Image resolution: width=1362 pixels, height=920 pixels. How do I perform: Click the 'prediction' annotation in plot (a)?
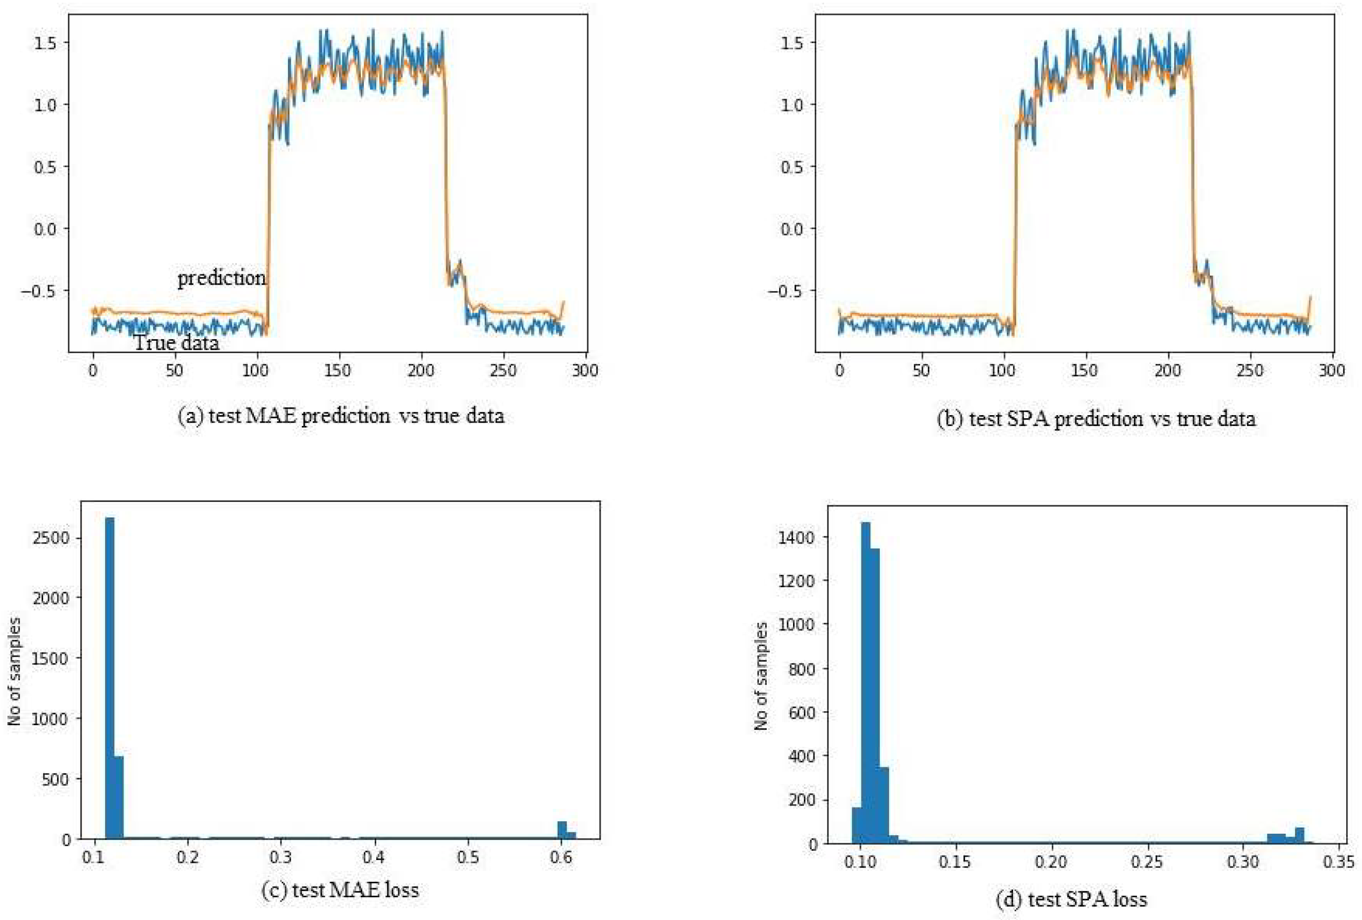pos(222,277)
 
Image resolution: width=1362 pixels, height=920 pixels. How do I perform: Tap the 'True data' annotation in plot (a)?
pos(176,342)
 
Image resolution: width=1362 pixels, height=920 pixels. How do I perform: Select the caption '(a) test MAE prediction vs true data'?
pos(340,416)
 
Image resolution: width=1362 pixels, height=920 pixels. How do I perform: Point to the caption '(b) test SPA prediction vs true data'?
pos(1096,419)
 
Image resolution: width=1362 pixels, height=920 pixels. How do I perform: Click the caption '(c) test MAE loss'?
pos(340,890)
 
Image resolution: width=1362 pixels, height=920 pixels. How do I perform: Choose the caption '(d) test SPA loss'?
pos(1072,899)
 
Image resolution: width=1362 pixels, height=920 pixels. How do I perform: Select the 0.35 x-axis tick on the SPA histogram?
pos(1339,862)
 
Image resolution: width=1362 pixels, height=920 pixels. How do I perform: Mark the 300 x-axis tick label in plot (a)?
pos(585,370)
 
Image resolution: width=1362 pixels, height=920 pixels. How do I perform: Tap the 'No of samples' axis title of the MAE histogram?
pos(15,671)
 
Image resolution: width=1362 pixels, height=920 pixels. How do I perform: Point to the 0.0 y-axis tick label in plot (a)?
pos(46,229)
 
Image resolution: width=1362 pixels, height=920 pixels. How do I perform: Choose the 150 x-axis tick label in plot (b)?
pos(1086,370)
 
